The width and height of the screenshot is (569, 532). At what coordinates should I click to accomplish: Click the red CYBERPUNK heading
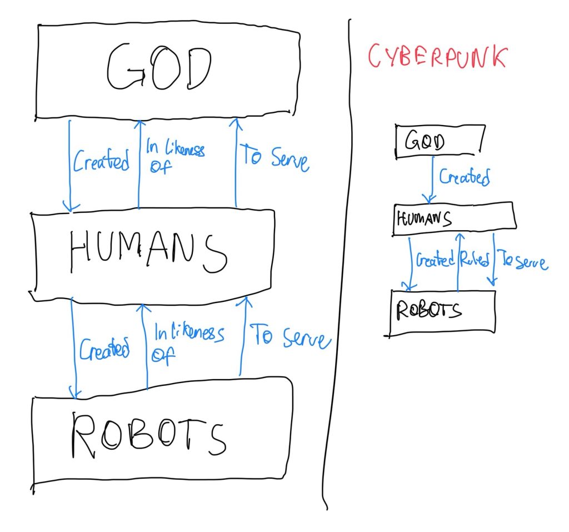point(437,57)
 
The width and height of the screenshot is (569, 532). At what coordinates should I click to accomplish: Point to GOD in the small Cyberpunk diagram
point(425,142)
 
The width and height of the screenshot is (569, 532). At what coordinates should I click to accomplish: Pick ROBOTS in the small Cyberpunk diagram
point(428,310)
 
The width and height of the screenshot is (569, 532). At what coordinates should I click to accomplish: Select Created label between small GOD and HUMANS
point(465,177)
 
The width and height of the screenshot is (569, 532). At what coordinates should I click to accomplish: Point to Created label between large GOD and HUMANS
point(101,162)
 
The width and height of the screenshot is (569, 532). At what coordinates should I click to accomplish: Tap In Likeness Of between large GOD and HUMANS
point(174,156)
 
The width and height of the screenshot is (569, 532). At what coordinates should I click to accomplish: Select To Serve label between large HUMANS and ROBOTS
point(292,336)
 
